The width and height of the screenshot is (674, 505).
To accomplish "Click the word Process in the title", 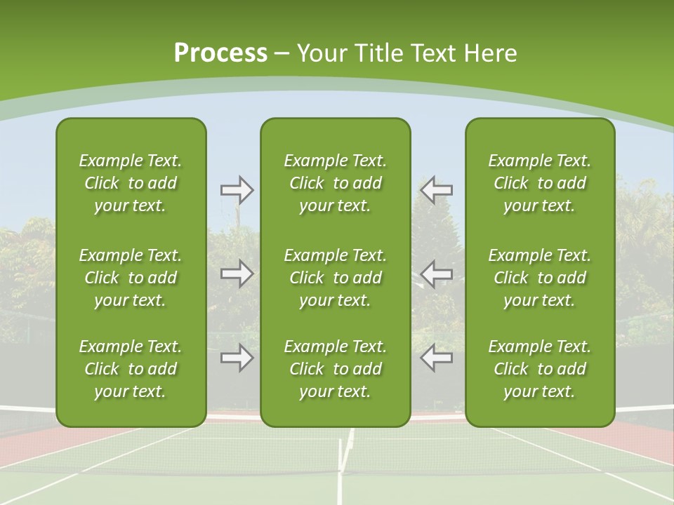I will [x=220, y=53].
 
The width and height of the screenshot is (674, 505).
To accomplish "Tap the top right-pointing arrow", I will [x=237, y=189].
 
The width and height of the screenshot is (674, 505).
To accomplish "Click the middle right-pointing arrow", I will [x=237, y=274].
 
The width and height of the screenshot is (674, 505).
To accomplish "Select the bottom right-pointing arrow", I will [x=237, y=358].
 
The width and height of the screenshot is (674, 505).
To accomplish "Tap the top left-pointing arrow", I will [x=437, y=189].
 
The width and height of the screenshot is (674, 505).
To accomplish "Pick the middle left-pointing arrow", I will [x=437, y=274].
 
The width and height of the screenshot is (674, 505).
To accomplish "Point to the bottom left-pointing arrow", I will [x=437, y=358].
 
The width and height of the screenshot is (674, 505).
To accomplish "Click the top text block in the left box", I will [x=131, y=183].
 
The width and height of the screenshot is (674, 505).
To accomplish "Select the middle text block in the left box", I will [x=131, y=278].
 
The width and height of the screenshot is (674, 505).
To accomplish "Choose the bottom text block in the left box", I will [x=131, y=369].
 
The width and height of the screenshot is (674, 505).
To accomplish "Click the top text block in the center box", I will [x=335, y=183].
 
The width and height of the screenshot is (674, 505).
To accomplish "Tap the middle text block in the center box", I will [x=335, y=278].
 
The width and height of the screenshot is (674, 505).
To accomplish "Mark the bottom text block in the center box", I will [x=335, y=369].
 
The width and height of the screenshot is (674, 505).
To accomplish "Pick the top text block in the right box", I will [x=539, y=183].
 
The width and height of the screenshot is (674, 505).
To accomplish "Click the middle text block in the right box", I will [x=539, y=278].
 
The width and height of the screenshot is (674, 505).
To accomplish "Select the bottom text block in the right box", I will [x=539, y=369].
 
